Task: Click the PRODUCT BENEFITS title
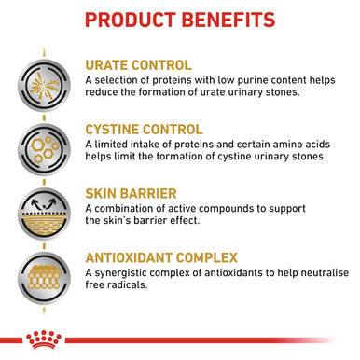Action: (180, 20)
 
